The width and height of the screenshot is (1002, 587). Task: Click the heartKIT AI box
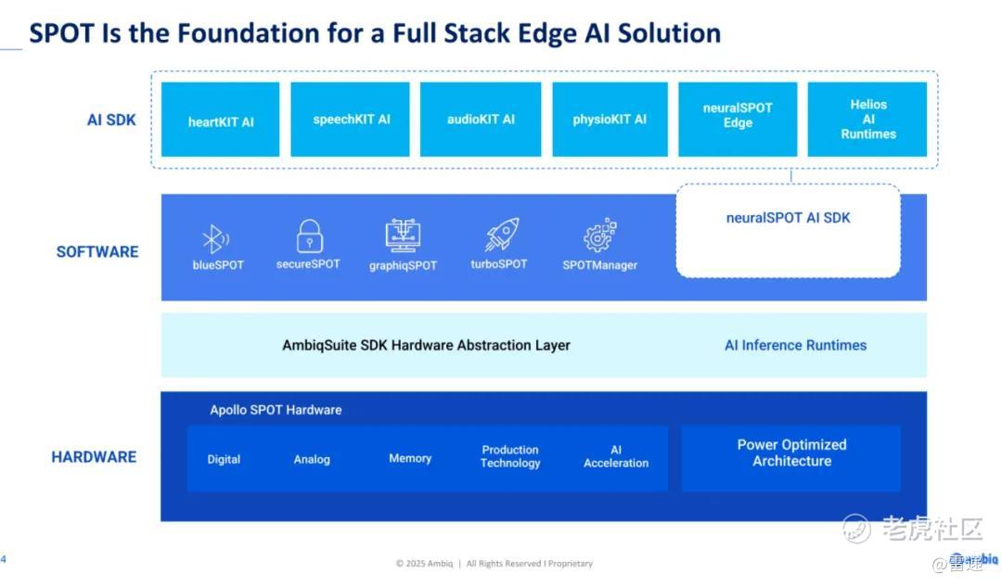tap(220, 120)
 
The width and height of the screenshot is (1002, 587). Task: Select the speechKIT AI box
tap(350, 120)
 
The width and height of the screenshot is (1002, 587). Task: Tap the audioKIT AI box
tap(481, 120)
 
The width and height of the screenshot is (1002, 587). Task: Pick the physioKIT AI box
tap(610, 120)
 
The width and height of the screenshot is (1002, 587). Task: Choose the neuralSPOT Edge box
tap(738, 120)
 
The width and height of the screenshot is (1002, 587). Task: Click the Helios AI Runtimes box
tap(867, 120)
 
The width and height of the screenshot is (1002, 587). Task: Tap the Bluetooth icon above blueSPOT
tap(215, 239)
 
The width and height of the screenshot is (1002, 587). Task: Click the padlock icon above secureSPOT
tap(309, 236)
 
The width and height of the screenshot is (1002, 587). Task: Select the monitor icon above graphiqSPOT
tap(403, 236)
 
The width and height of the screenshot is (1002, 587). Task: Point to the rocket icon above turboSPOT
tap(502, 235)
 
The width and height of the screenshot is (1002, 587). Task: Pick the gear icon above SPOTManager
tap(599, 235)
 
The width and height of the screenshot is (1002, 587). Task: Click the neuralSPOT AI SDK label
tap(788, 218)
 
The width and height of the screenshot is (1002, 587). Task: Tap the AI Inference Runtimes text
tap(795, 346)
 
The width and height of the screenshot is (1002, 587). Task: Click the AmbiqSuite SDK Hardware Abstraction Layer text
tap(426, 346)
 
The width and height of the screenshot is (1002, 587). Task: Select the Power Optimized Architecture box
tap(790, 458)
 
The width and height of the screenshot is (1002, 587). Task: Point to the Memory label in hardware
tap(410, 458)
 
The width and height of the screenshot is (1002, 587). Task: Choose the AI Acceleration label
tap(615, 456)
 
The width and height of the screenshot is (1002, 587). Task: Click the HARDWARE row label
tap(94, 456)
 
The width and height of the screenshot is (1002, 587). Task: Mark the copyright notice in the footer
tap(494, 564)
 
